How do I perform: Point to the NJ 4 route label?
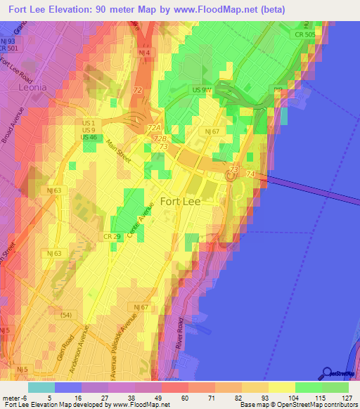coord(143,53)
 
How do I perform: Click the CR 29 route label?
coord(113,237)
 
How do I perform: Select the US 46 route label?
coord(89,138)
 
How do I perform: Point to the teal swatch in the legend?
coord(40,387)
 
